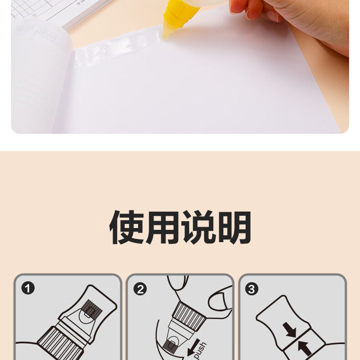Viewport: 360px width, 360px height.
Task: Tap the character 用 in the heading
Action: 163,227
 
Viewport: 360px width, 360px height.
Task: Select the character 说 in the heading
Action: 199,227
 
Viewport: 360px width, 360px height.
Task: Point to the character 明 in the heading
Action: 234,227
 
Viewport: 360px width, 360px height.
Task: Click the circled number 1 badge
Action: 28,288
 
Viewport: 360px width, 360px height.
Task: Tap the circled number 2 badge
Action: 140,289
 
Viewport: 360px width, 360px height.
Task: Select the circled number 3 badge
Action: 252,289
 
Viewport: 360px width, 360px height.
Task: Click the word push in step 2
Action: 201,350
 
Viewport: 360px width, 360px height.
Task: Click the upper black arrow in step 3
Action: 289,330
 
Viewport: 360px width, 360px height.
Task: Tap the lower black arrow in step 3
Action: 304,348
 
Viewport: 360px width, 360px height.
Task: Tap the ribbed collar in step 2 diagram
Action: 189,317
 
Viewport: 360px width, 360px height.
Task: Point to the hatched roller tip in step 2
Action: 169,347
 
